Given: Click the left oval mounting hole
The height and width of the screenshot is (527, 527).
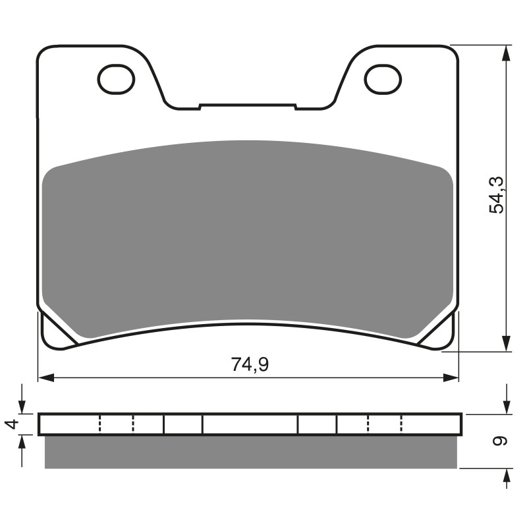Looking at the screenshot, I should click(x=116, y=80).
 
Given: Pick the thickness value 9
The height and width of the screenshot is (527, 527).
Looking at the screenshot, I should click(x=500, y=441).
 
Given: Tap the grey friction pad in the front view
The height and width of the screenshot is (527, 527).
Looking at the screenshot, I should click(x=247, y=237).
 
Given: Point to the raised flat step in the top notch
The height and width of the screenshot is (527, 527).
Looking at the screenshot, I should click(x=247, y=105).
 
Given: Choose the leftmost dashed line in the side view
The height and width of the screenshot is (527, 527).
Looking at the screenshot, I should click(x=99, y=424).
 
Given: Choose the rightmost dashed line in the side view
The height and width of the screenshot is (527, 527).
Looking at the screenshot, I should click(x=401, y=424).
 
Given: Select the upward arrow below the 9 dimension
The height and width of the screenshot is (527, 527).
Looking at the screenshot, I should click(x=506, y=478).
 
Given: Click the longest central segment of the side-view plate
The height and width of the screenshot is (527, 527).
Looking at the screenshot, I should click(x=250, y=424).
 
